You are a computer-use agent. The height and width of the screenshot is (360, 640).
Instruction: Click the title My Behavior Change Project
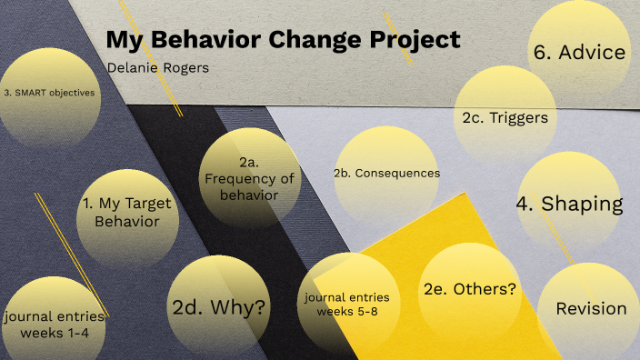pyautogui.click(x=283, y=41)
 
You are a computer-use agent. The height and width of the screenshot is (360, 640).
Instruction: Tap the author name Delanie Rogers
pyautogui.click(x=157, y=68)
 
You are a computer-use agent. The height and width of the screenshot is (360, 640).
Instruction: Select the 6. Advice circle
pyautogui.click(x=579, y=52)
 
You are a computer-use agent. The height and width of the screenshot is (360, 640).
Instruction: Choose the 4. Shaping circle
pyautogui.click(x=569, y=204)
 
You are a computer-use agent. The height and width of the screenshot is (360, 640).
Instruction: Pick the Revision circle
pyautogui.click(x=591, y=309)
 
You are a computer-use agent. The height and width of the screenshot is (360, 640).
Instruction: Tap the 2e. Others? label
pyautogui.click(x=469, y=290)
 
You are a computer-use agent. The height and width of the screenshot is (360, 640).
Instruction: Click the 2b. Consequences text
pyautogui.click(x=386, y=173)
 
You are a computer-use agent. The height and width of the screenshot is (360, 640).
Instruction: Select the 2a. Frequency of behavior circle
pyautogui.click(x=249, y=177)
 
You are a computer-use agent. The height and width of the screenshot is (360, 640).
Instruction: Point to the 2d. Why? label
pyautogui.click(x=220, y=307)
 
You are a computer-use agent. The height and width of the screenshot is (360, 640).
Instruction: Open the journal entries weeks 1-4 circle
pyautogui.click(x=54, y=323)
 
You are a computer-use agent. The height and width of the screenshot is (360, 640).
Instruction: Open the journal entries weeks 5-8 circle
pyautogui.click(x=347, y=305)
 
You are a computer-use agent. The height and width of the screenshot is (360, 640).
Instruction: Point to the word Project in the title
pyautogui.click(x=415, y=41)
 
